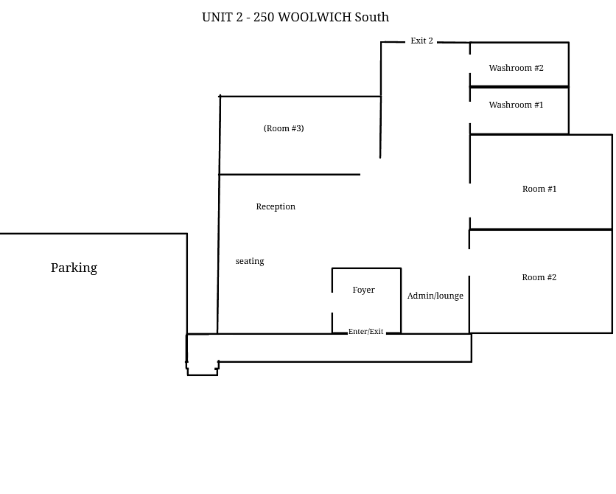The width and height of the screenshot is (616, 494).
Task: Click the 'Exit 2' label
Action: coord(421,41)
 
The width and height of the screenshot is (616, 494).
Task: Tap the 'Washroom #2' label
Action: coord(516,68)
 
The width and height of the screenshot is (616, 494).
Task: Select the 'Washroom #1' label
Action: coord(516,105)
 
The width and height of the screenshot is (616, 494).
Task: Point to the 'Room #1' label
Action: coord(539,189)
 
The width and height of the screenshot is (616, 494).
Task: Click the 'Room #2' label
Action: coord(539,277)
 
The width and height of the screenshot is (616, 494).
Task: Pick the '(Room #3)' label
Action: coord(284,128)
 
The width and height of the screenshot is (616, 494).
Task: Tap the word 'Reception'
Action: coord(276,206)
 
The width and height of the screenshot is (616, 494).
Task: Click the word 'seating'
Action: coord(250,261)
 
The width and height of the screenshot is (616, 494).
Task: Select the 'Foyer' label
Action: coord(363,290)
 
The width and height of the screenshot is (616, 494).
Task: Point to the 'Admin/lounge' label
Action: coord(435,296)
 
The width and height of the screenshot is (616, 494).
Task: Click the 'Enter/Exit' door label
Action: coord(365,332)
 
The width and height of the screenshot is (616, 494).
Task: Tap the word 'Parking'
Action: coord(74,268)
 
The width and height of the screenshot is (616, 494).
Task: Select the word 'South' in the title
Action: coord(372,17)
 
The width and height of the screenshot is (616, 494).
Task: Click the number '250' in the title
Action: coord(264,17)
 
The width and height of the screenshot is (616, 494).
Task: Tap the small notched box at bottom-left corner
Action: coord(203,367)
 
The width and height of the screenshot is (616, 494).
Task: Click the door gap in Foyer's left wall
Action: coord(332,302)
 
